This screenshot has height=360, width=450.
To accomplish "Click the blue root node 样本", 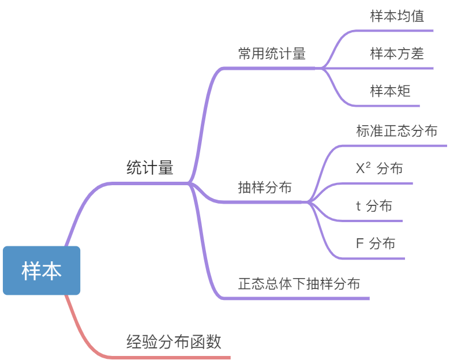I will (x=42, y=271).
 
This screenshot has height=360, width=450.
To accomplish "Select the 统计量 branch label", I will (x=149, y=168).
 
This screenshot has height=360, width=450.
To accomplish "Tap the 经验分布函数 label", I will (x=174, y=342).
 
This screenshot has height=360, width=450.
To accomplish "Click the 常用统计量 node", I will (x=272, y=54).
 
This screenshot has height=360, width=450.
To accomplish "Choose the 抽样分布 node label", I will (x=265, y=188).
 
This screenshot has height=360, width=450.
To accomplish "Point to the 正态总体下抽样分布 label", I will (x=299, y=284).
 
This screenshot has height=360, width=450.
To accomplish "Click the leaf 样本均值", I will (x=397, y=16).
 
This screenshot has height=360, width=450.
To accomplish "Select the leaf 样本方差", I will (x=397, y=54).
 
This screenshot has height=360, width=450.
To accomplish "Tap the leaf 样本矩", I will (x=390, y=91).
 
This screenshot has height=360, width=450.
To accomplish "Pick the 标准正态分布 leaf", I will (x=397, y=131).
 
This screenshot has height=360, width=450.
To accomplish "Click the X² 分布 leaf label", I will (x=379, y=168).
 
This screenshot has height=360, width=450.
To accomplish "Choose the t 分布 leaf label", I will (x=374, y=206).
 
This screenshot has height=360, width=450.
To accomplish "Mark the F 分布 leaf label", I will (x=376, y=243).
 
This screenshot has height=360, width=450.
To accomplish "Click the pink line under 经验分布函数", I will (x=173, y=357).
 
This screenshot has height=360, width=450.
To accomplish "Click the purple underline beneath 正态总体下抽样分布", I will (x=300, y=298).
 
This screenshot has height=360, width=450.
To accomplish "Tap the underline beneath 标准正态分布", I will (x=398, y=145).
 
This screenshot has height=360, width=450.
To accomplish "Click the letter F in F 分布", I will (x=360, y=243).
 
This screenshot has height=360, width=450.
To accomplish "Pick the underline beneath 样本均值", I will (x=398, y=31).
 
